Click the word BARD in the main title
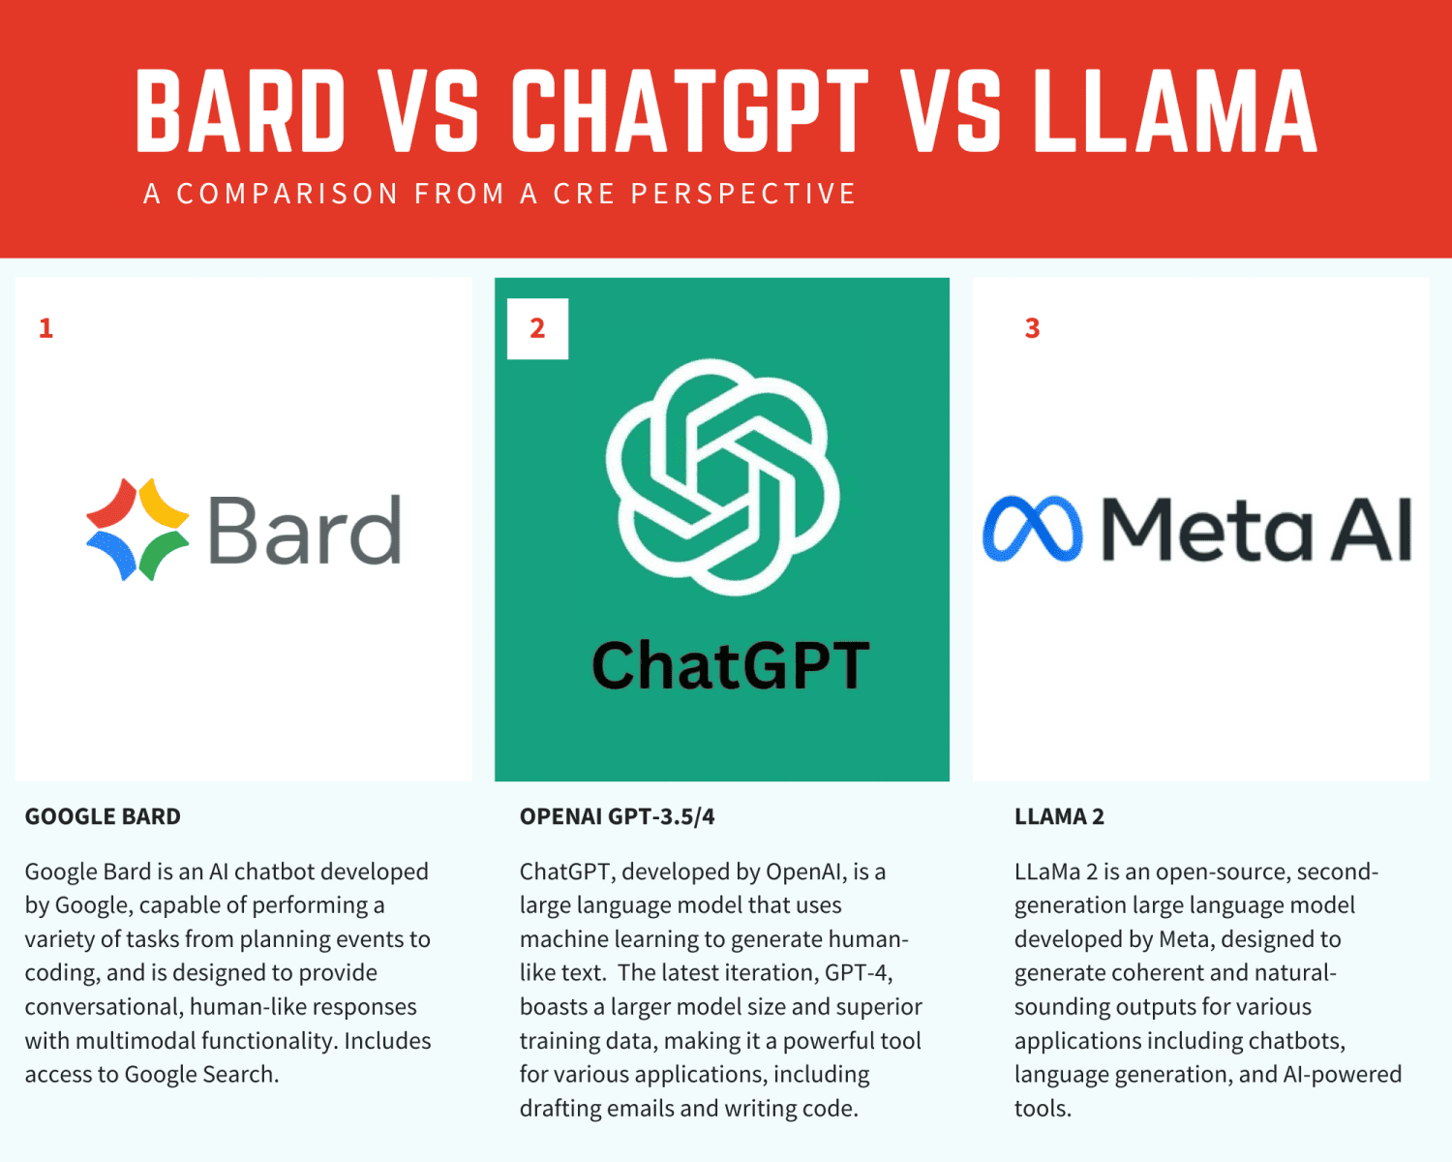[x=241, y=110]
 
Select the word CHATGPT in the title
[x=689, y=110]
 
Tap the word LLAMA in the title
[x=1174, y=110]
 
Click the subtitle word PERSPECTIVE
[x=743, y=194]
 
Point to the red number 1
[x=45, y=328]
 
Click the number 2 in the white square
[x=537, y=328]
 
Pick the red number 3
[x=1032, y=328]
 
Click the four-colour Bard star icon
[x=137, y=529]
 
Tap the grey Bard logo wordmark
[x=304, y=531]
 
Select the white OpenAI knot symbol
[x=722, y=476]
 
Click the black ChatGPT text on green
[x=730, y=666]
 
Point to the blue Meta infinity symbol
[x=1032, y=529]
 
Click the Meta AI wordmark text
[x=1256, y=529]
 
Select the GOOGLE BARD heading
[x=103, y=816]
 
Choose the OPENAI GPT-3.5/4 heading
[x=617, y=816]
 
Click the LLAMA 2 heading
[x=1059, y=816]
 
